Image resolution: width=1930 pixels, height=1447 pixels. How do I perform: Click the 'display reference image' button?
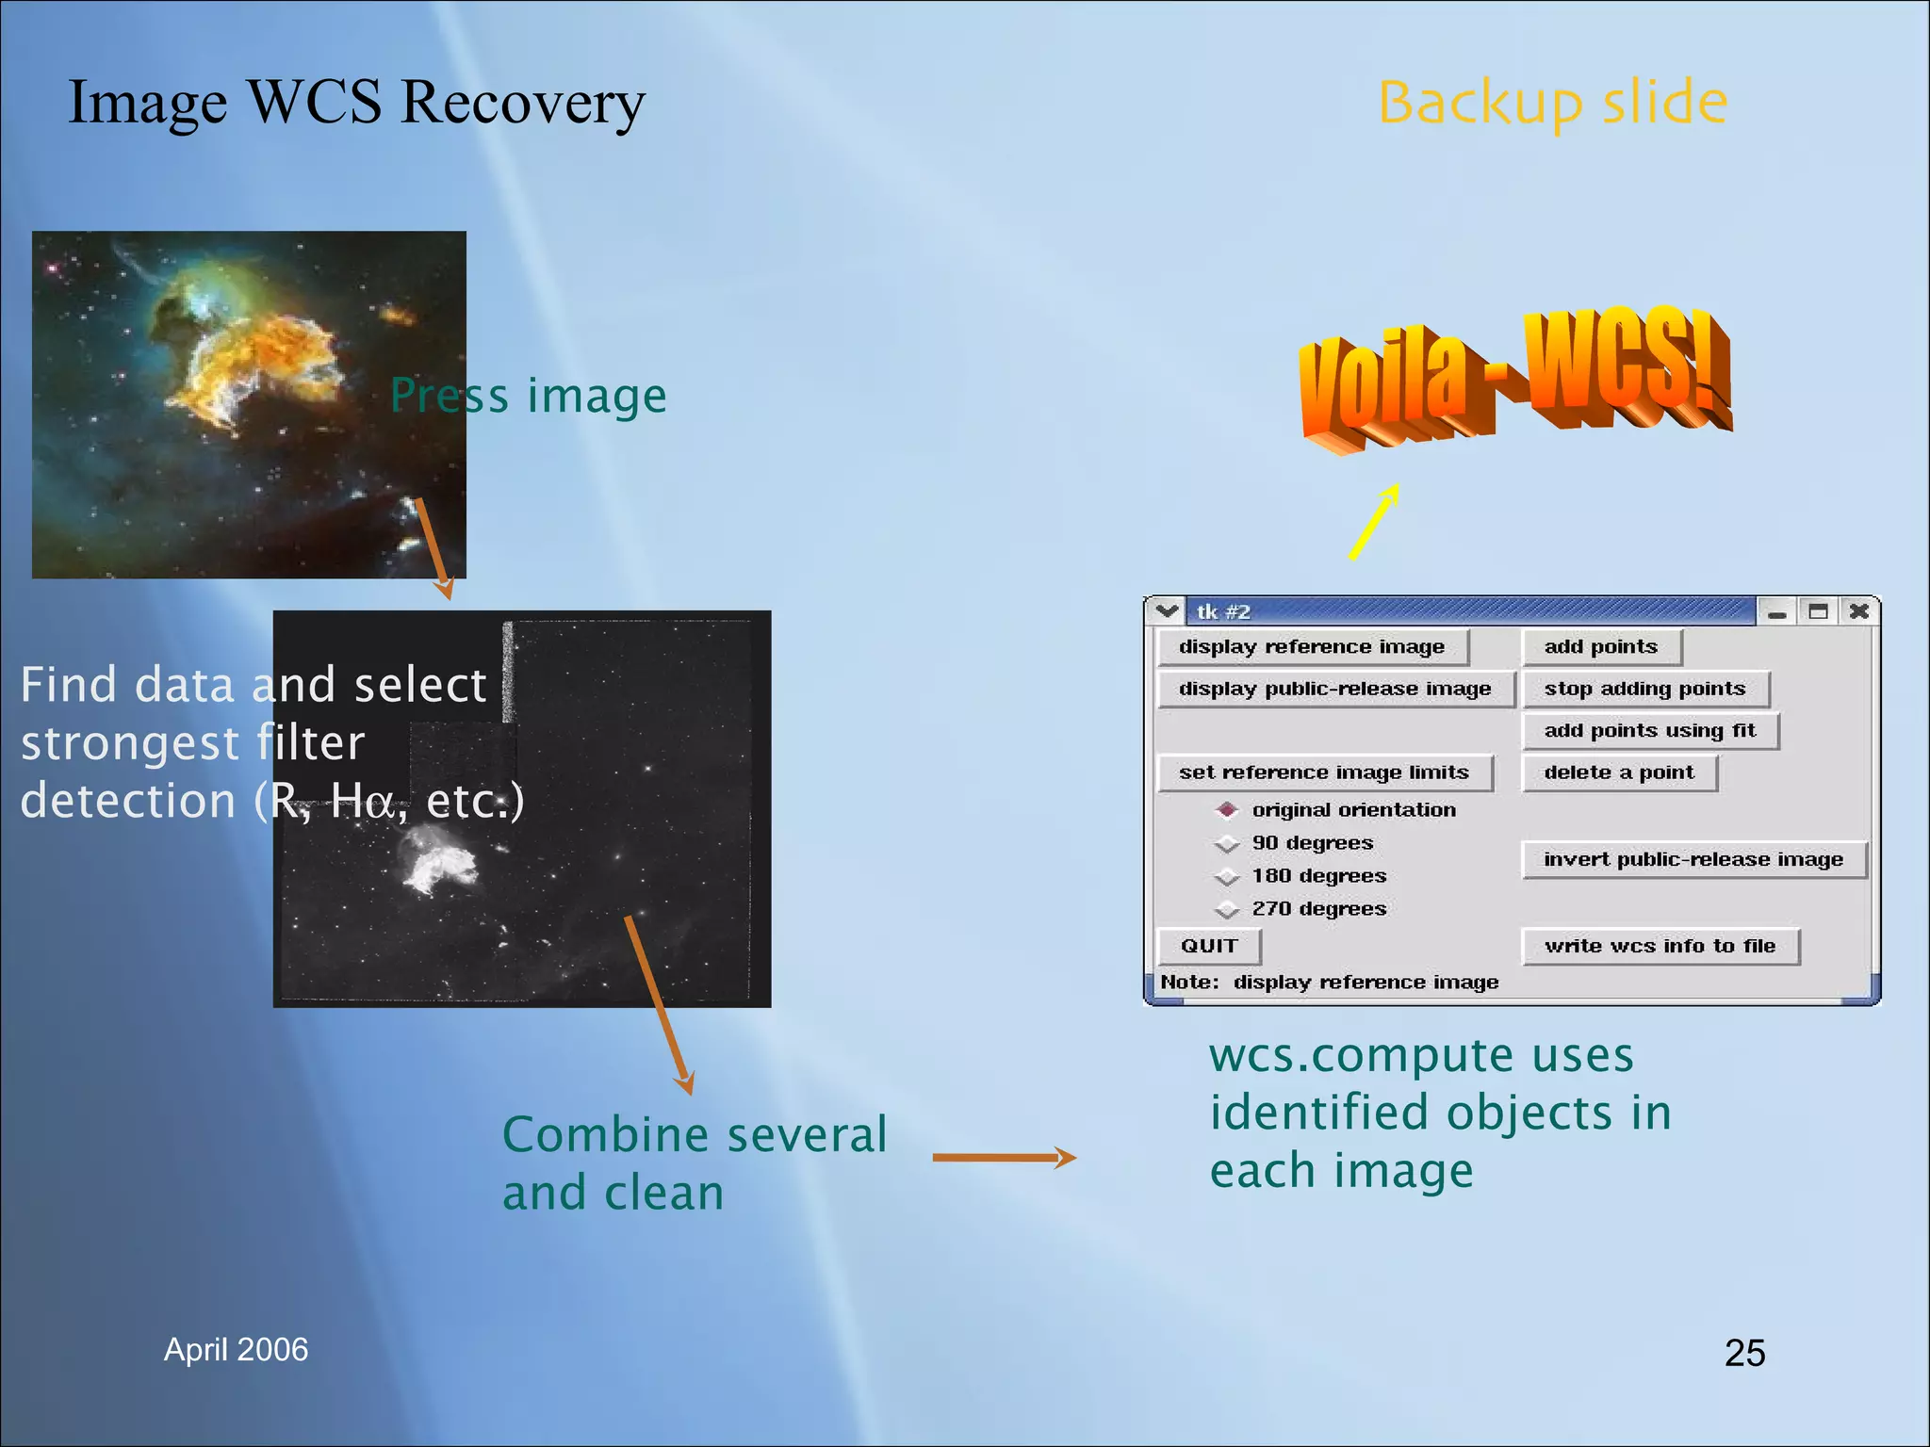1312,647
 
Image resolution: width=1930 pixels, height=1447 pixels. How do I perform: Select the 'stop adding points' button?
1644,690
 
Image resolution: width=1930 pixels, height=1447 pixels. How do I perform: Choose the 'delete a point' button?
1618,773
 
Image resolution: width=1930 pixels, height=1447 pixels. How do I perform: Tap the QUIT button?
1208,946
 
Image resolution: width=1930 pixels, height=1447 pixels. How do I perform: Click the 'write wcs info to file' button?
1660,946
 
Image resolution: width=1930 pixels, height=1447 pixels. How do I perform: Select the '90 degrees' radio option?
1227,843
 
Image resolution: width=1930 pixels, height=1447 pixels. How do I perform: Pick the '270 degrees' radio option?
1227,909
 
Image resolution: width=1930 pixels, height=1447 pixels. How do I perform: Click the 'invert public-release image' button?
1693,860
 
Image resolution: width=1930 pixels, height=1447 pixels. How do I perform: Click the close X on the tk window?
1858,611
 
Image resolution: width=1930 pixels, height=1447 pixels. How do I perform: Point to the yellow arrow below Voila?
1373,523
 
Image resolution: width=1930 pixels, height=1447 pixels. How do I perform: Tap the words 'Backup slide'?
1552,103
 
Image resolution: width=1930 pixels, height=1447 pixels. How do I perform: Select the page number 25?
1744,1353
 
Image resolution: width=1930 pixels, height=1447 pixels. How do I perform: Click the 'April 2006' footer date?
236,1350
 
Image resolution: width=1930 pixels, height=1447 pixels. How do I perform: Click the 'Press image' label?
528,396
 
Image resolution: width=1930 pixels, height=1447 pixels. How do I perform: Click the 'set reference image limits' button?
1323,773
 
